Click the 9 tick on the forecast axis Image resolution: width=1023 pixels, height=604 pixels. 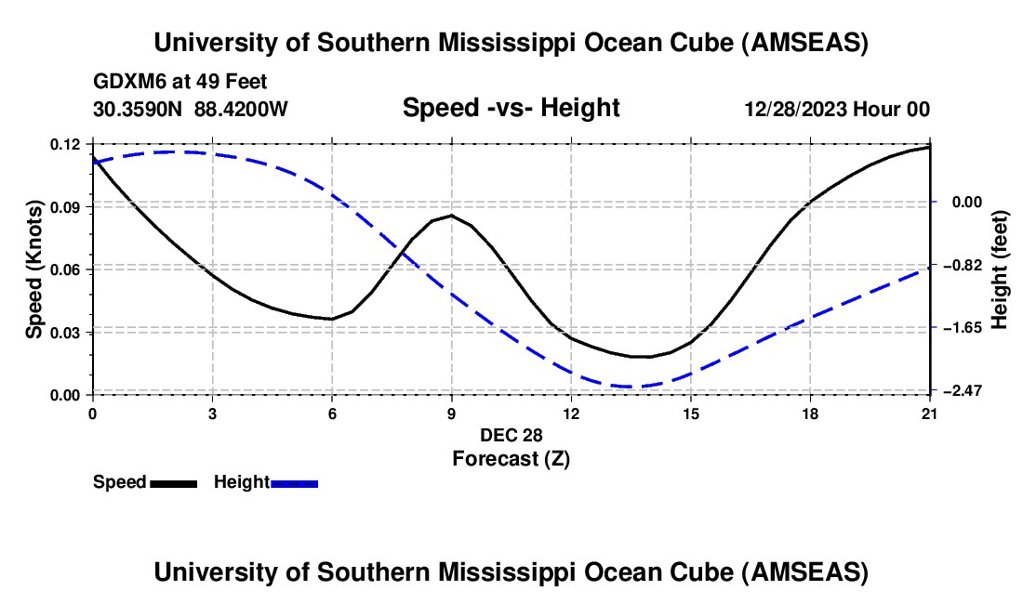click(x=452, y=413)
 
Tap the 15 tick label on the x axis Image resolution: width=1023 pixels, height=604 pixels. click(x=691, y=413)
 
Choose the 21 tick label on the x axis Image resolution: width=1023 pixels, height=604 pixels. click(x=930, y=413)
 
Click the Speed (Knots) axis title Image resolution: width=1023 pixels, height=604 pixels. click(x=34, y=269)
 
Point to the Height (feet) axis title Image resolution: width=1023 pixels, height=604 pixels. click(x=1001, y=269)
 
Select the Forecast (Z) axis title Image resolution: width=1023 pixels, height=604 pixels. click(x=511, y=457)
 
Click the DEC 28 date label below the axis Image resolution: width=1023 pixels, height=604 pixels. click(x=511, y=435)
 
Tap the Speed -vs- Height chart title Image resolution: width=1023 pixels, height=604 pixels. click(x=511, y=109)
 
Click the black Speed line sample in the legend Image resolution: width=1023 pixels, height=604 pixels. click(x=173, y=482)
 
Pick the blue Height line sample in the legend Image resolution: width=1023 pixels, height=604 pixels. click(x=294, y=482)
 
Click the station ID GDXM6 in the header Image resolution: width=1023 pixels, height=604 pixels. click(x=127, y=83)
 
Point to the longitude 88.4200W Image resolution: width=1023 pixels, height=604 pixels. click(x=241, y=109)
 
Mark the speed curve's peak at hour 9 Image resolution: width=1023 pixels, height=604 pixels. click(x=452, y=215)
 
